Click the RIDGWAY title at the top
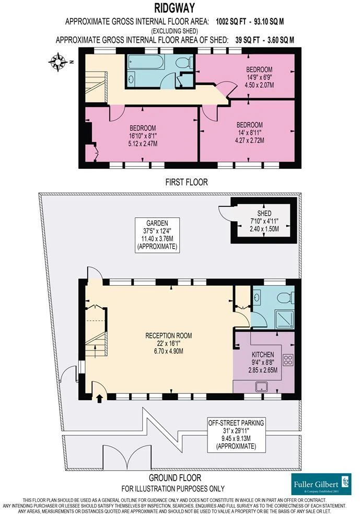[175, 7]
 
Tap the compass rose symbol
[57, 62]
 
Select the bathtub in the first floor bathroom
[146, 63]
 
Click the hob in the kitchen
[288, 360]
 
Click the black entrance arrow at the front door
[100, 398]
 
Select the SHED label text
[264, 214]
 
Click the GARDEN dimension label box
[157, 235]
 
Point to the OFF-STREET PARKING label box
[236, 435]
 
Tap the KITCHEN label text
[263, 355]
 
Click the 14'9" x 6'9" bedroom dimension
[259, 77]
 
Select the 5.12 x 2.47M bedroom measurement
[143, 143]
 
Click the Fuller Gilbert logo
[321, 484]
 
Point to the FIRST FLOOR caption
[187, 182]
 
